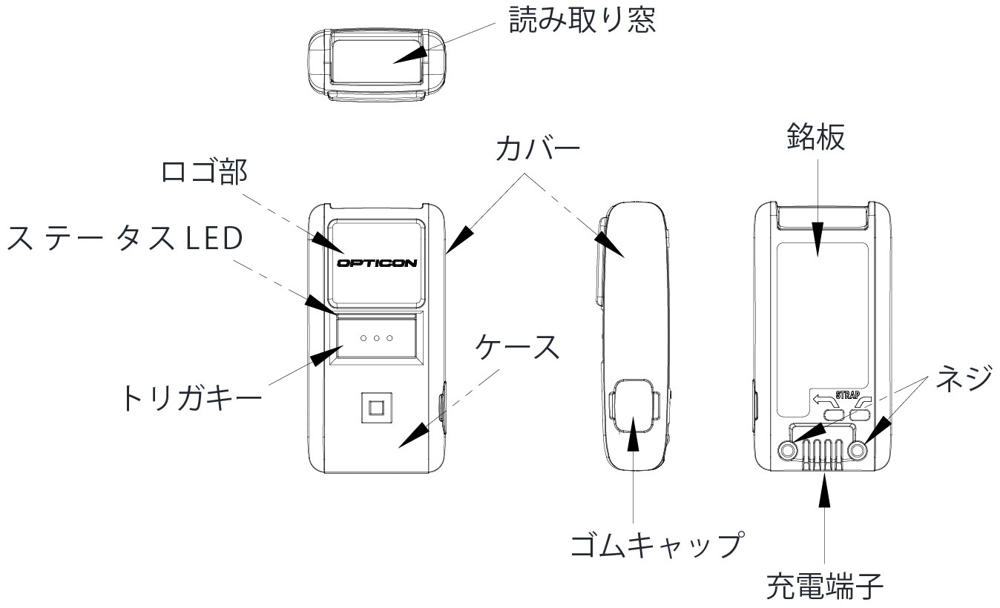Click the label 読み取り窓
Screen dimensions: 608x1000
[582, 20]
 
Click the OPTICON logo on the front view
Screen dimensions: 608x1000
[377, 262]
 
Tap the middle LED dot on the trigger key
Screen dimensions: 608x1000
[377, 338]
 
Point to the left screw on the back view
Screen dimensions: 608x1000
[789, 451]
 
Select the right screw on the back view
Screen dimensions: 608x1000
[859, 451]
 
